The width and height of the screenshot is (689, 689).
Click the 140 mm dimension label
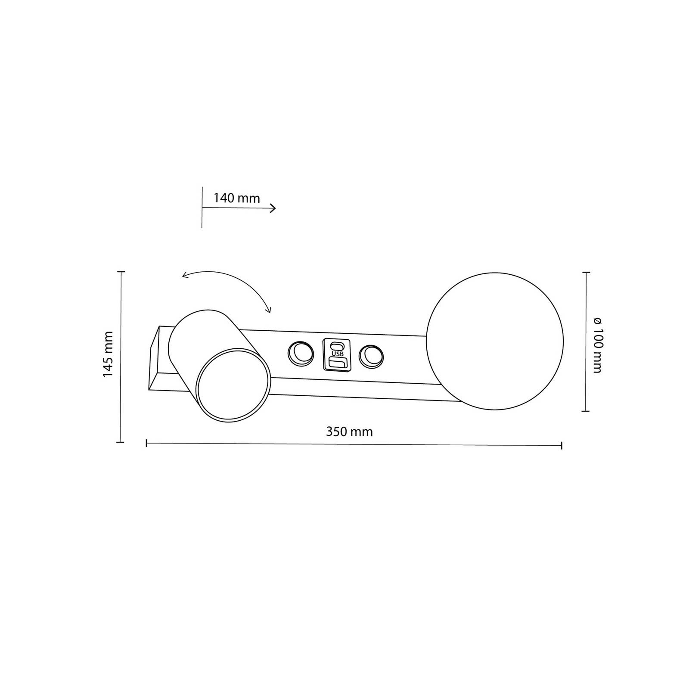coord(237,198)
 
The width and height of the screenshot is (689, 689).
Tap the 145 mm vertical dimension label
coord(108,355)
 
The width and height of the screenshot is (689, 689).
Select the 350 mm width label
coord(349,432)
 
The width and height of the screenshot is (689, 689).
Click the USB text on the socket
coord(337,354)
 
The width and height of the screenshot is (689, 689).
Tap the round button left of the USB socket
coord(301,354)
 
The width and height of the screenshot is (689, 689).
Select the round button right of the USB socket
coord(371,356)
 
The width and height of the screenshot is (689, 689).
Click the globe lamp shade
coord(494,341)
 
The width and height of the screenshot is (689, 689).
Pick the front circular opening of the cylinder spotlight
coord(233,385)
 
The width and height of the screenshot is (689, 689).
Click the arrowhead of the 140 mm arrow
coord(273,208)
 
